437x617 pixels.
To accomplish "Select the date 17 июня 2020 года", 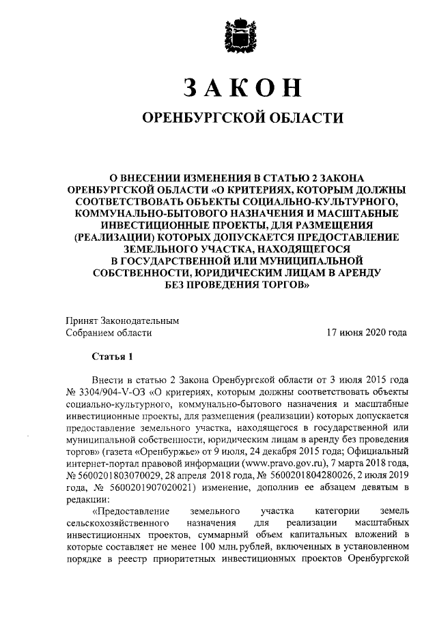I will (x=367, y=333).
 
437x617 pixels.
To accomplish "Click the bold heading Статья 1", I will (x=109, y=357).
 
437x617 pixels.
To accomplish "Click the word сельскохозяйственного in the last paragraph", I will (x=114, y=523).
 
